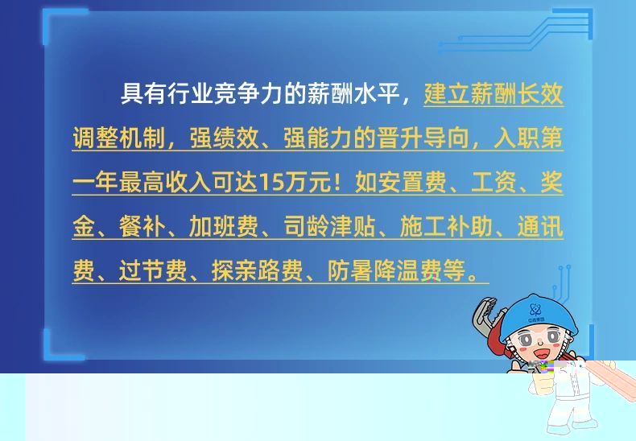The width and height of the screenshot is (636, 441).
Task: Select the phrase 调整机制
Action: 119,138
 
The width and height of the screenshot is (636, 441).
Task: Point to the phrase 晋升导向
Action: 423,138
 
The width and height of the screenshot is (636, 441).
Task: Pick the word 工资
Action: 494,183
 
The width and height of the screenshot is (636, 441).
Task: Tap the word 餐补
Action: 142,226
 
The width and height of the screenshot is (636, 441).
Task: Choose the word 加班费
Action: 224,226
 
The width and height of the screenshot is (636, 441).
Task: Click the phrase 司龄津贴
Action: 329,226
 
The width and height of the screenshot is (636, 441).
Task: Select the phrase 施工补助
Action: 446,226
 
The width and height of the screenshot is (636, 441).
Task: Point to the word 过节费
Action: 153,270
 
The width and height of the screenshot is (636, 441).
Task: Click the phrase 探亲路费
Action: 258,270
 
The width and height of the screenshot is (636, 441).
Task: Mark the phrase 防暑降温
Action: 374,270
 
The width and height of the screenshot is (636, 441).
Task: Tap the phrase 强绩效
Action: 224,138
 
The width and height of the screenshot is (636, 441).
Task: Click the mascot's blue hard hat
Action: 539,317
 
